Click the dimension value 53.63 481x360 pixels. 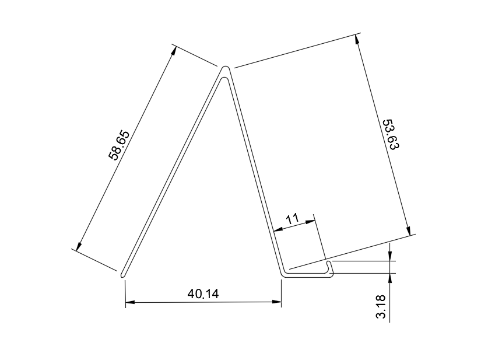tap(390, 135)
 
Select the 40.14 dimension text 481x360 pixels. tap(203, 293)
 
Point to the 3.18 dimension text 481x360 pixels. tap(381, 307)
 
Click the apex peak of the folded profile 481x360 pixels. tap(225, 70)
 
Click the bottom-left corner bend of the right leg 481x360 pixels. tap(283, 273)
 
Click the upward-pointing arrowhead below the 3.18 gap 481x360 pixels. tap(389, 278)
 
